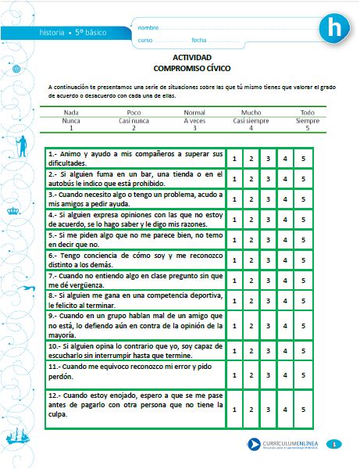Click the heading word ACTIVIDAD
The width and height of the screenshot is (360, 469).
coord(191,58)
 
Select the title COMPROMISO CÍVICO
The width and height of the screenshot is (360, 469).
coord(191,69)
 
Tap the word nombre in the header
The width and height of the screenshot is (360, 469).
coord(147,27)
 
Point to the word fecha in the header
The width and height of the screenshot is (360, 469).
coord(198,40)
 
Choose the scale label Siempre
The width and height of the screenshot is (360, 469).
coord(308,121)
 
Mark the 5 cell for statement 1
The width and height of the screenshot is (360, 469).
coord(302,158)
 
